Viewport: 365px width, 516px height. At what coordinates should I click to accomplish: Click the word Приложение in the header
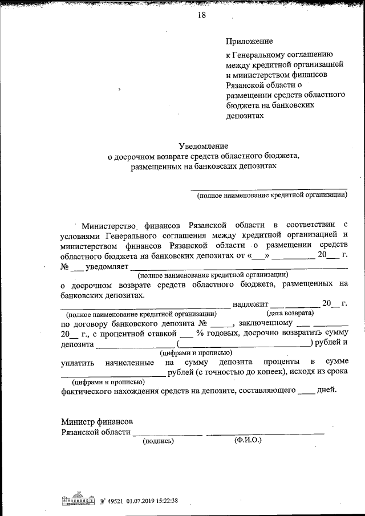(249, 41)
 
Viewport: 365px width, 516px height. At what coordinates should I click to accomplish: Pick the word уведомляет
(107, 266)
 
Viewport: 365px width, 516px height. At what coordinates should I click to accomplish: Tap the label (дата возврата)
(290, 314)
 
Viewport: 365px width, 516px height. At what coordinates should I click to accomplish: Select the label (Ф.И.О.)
(248, 440)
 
